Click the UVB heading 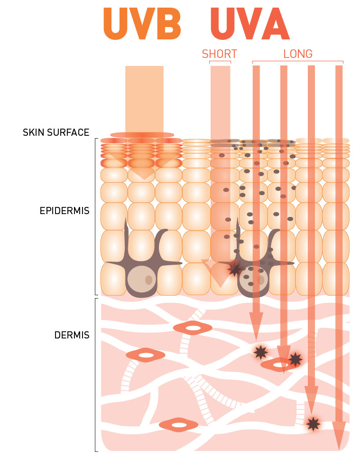tap(142, 24)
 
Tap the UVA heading tap(249, 24)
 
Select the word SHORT tap(219, 54)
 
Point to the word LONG tap(298, 54)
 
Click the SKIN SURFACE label tap(56, 132)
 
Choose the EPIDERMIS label tap(65, 210)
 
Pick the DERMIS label tap(72, 335)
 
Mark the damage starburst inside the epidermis tap(234, 269)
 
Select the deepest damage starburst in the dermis tap(313, 424)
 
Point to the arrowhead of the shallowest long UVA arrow tap(256, 327)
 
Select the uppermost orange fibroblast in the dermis tap(192, 328)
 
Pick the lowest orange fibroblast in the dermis tap(178, 425)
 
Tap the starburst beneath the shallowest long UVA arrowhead tap(260, 352)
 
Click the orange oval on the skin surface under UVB tap(142, 135)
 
